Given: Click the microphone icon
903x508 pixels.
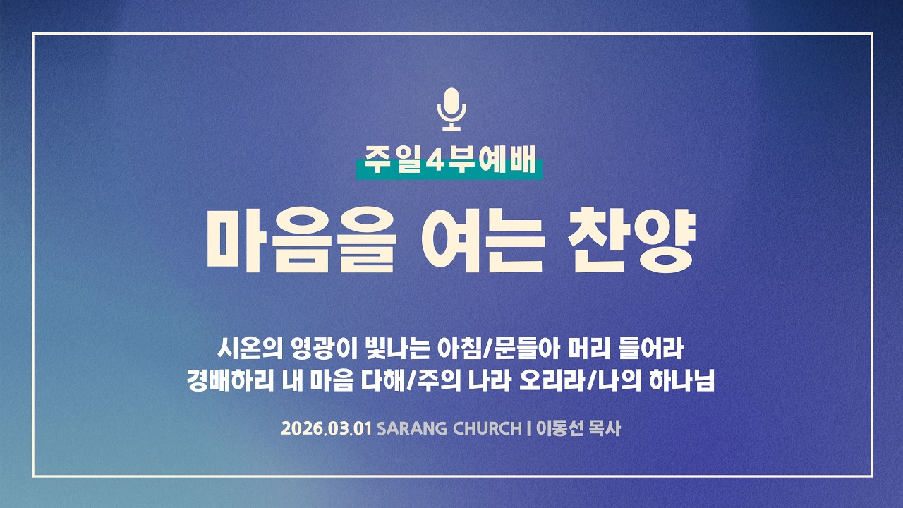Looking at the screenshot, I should (451, 109).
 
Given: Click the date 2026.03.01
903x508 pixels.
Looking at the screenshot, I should (327, 428).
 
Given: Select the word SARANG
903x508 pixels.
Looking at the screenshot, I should (407, 428).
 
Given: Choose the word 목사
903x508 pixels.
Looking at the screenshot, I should (605, 428).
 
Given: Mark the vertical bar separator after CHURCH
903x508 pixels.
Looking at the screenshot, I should (528, 428).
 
